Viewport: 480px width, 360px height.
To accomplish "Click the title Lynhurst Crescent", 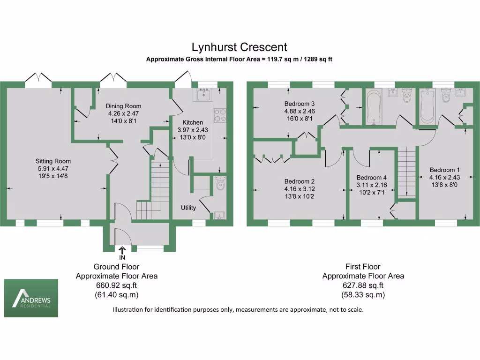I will point(239,47).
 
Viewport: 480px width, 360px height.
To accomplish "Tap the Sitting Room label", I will point(55,161).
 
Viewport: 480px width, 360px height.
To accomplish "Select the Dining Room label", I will point(123,106).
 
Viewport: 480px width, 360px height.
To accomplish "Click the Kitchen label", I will point(193,122).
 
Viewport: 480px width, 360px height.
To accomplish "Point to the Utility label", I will point(188,208).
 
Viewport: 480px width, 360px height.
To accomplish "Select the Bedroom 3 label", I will point(299,104).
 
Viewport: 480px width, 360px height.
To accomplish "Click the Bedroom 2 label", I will point(299,181).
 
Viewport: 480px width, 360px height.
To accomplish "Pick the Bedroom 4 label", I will point(371,178).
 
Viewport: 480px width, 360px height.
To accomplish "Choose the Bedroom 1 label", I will point(444,170).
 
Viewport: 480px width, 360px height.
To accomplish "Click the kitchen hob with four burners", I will point(220,115).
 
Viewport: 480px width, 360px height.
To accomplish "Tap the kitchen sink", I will point(204,96).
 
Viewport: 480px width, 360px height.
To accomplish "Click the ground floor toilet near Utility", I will point(220,184).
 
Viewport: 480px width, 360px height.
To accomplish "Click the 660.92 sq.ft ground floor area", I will point(117,285).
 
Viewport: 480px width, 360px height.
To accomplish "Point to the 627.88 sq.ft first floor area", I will point(363,285).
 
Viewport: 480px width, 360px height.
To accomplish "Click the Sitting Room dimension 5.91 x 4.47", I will point(55,169).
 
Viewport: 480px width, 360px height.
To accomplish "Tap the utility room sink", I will point(219,215).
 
